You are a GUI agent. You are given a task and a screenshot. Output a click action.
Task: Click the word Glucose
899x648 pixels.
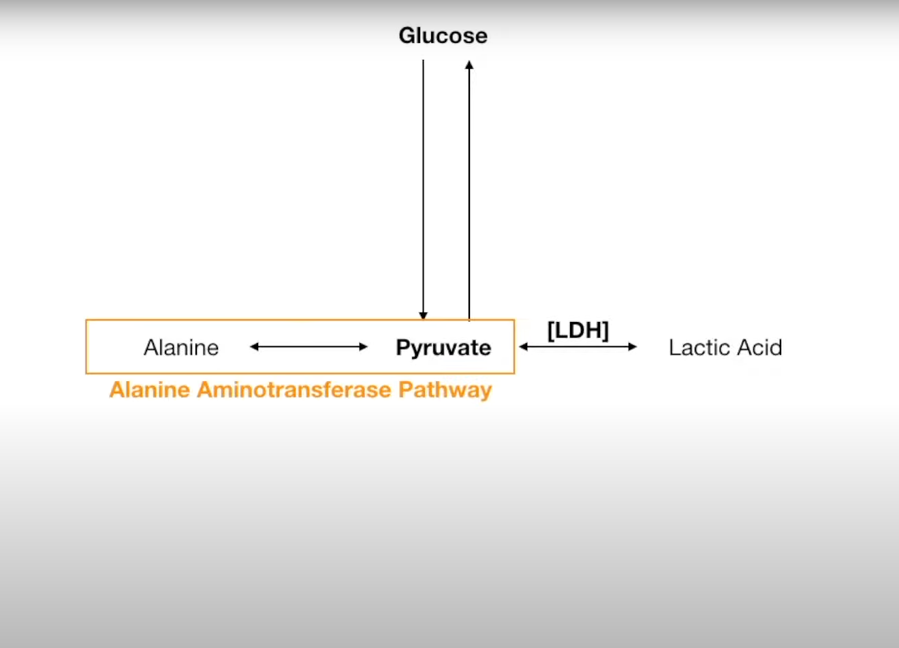coord(443,35)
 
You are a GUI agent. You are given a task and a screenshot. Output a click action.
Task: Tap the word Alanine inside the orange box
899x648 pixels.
coord(181,348)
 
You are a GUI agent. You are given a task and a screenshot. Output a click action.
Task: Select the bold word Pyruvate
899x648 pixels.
coord(443,348)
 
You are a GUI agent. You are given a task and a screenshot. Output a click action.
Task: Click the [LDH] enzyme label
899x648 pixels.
coord(578,330)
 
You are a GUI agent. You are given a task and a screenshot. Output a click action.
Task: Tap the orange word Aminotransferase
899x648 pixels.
coord(294,390)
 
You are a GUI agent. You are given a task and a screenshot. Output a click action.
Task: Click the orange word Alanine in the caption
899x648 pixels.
coord(150,390)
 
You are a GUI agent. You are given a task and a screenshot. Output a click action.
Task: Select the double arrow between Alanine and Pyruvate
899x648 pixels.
coord(309,347)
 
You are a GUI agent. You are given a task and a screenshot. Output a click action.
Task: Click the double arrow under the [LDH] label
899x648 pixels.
coord(578,347)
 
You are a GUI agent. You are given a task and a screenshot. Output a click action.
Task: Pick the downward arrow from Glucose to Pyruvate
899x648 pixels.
coord(423,191)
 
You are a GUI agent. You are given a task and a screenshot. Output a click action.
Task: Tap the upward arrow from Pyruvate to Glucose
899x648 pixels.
coord(469,191)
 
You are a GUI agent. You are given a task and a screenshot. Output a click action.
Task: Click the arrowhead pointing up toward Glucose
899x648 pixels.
coord(469,64)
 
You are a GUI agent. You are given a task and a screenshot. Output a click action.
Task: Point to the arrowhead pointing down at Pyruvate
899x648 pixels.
coord(423,316)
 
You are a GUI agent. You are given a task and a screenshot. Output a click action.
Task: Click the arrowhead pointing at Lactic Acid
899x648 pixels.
coord(633,347)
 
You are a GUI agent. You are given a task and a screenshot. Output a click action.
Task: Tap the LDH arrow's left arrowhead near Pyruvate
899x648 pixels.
coord(523,347)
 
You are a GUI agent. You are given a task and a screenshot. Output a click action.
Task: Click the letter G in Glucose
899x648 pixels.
coord(407,35)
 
